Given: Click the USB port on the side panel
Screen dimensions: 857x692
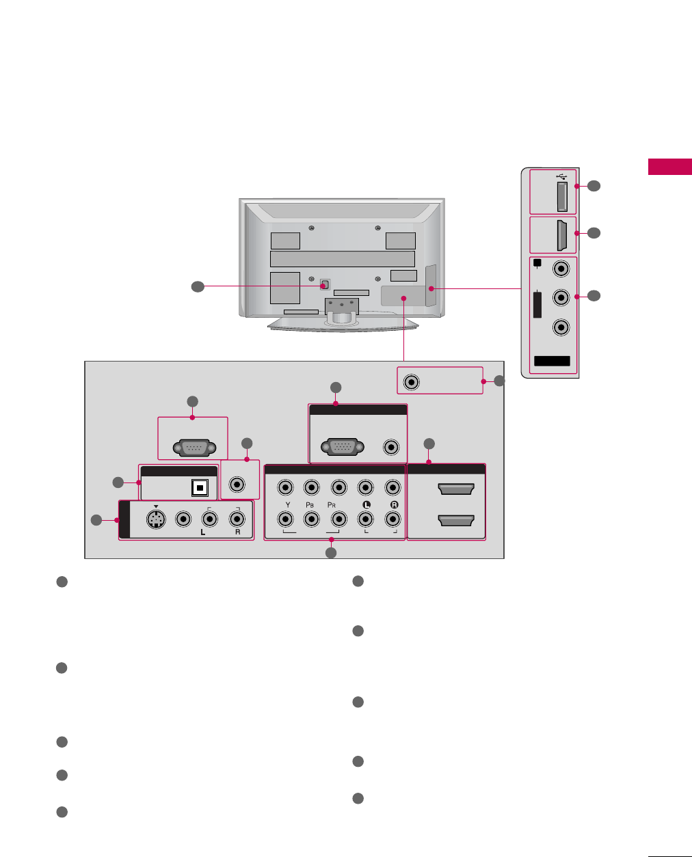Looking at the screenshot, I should pos(561,198).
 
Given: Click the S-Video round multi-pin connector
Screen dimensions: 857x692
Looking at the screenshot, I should pos(157,519).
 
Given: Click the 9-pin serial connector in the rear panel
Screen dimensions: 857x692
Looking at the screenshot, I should pos(192,448).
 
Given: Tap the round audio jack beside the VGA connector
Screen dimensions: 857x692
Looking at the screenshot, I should pos(391,447).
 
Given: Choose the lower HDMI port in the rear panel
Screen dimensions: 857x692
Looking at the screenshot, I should pos(455,521).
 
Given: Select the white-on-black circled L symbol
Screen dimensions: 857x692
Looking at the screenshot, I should pos(366,504).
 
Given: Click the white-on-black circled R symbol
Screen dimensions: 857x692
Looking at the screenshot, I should pos(392,504).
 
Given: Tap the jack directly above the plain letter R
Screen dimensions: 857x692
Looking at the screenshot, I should pos(237,519).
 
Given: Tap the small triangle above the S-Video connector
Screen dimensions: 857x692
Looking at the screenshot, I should pos(157,506).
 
